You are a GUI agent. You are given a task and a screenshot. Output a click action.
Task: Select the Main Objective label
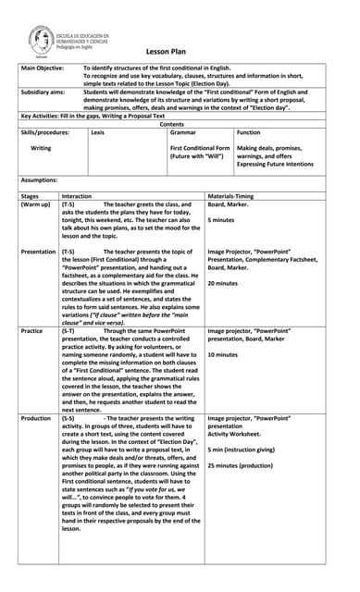43,68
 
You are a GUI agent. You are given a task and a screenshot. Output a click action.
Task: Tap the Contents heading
172,124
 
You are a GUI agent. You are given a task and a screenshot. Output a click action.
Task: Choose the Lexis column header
98,133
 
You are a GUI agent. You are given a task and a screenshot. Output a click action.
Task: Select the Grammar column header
183,133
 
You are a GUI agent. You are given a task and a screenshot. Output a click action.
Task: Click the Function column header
249,133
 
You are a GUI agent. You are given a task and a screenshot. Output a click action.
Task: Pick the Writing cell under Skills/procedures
42,148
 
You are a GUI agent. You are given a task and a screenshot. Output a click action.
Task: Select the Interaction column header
77,196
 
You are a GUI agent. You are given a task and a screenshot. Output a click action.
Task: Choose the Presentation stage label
39,252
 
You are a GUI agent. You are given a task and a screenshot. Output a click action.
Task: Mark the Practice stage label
32,330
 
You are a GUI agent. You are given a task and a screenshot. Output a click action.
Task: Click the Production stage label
37,418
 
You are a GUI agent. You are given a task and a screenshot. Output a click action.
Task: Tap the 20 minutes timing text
224,283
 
